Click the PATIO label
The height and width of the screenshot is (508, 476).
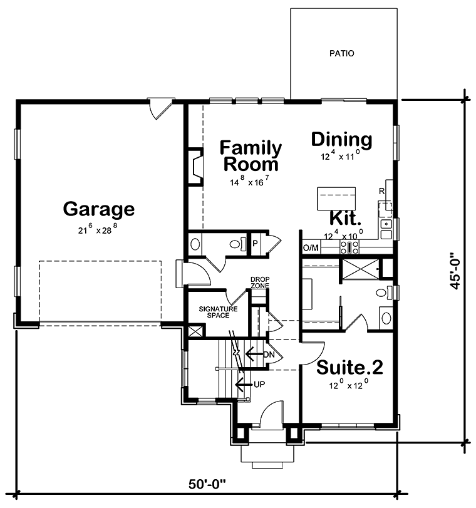click(342, 54)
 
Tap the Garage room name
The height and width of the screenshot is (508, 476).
click(99, 209)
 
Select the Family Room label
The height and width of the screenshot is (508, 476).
click(251, 157)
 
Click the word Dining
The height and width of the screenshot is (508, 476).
click(341, 139)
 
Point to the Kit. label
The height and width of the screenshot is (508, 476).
click(346, 220)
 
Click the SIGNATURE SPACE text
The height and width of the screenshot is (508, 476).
click(218, 312)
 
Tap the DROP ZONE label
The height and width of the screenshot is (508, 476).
click(260, 283)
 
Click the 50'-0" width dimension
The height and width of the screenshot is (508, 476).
click(207, 484)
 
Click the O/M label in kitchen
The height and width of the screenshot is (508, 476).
click(311, 248)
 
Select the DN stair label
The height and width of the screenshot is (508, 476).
click(269, 355)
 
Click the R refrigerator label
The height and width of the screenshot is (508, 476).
click(381, 191)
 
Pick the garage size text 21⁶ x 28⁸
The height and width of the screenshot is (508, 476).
click(98, 230)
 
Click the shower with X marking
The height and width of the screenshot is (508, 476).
click(360, 271)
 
